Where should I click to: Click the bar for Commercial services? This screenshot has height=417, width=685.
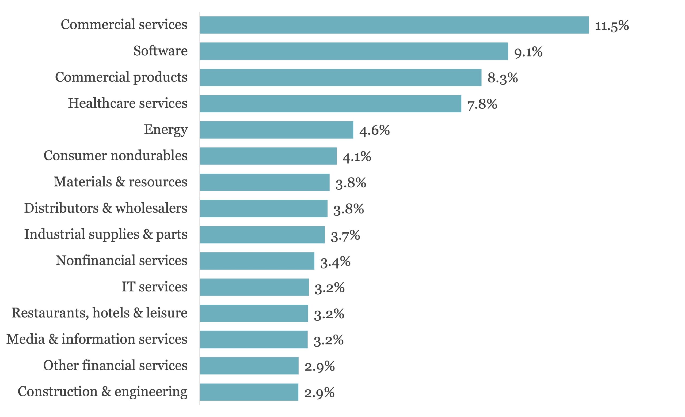pos(394,25)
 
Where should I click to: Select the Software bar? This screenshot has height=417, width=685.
pos(354,51)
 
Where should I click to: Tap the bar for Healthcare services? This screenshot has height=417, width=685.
pos(330,104)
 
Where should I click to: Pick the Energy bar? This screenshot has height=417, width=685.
pos(277,130)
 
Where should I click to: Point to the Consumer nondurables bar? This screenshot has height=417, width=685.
pos(268,156)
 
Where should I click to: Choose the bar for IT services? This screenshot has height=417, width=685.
pos(254,287)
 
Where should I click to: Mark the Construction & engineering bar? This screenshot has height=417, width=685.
pos(249,392)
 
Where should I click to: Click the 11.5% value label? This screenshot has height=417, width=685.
pos(612,26)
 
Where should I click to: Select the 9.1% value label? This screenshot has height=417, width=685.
pos(528,52)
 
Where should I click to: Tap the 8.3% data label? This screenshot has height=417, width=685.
pos(503,78)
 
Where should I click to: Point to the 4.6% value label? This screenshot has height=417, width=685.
pos(374,130)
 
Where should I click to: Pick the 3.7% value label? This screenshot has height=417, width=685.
pos(345,235)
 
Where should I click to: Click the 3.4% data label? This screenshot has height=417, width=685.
pos(335,262)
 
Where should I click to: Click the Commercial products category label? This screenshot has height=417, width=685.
pos(121,77)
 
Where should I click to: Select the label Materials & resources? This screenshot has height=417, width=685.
pos(120,182)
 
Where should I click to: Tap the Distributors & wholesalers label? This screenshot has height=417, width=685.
pos(106,208)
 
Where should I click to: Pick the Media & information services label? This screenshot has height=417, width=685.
pos(97,339)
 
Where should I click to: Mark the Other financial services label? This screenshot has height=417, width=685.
pos(115,365)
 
